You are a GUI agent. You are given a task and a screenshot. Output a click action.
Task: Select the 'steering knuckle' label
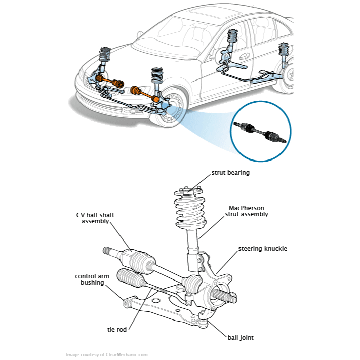tap(263, 249)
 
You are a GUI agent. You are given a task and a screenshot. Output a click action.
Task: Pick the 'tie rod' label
tap(116, 329)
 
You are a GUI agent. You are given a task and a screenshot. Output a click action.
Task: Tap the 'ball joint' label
tap(240, 337)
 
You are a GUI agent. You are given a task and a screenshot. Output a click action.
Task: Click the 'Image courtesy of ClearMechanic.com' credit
tap(107, 355)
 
